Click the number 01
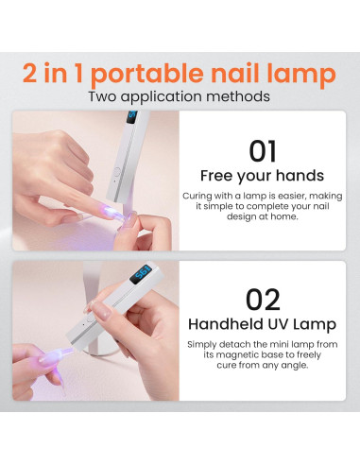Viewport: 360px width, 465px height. tap(264, 151)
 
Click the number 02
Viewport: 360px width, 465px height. tap(264, 300)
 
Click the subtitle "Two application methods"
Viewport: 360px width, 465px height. tap(180, 96)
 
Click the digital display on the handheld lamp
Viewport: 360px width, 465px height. tap(143, 270)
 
